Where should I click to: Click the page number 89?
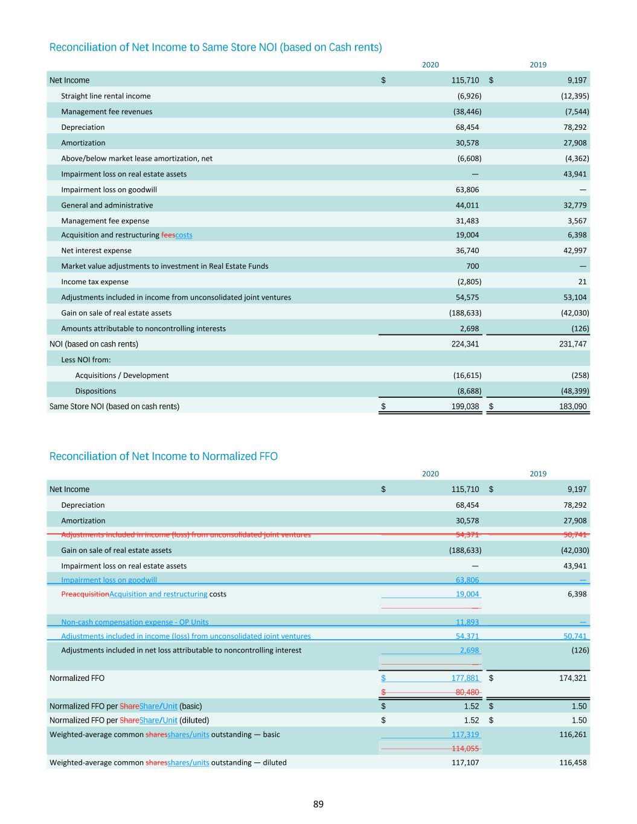tap(318, 804)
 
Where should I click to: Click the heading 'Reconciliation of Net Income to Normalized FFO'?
tap(163, 456)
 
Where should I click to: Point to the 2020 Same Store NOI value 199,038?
tap(465, 406)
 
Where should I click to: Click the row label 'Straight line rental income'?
tap(106, 96)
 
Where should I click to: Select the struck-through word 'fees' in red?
tap(168, 235)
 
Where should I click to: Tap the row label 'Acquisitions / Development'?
tap(122, 375)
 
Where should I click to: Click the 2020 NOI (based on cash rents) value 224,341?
tap(465, 344)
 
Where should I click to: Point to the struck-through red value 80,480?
tap(467, 692)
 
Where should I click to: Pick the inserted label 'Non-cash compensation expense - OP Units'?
tap(135, 622)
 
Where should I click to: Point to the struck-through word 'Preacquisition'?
tap(85, 594)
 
